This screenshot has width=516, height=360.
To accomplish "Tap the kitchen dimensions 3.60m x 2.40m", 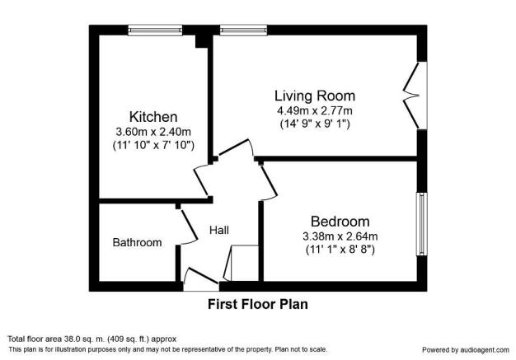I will point(152,131).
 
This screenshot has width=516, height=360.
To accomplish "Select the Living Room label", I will point(314,96).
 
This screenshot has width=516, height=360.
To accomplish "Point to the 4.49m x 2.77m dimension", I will point(314,111).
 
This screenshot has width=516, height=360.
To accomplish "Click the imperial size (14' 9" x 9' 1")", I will point(314,125).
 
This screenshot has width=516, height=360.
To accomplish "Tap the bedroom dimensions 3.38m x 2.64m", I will point(340,236).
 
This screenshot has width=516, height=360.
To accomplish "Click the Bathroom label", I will point(137,242).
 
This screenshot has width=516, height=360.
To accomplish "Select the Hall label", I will point(219,229).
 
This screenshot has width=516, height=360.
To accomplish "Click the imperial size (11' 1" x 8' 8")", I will point(340,249).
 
